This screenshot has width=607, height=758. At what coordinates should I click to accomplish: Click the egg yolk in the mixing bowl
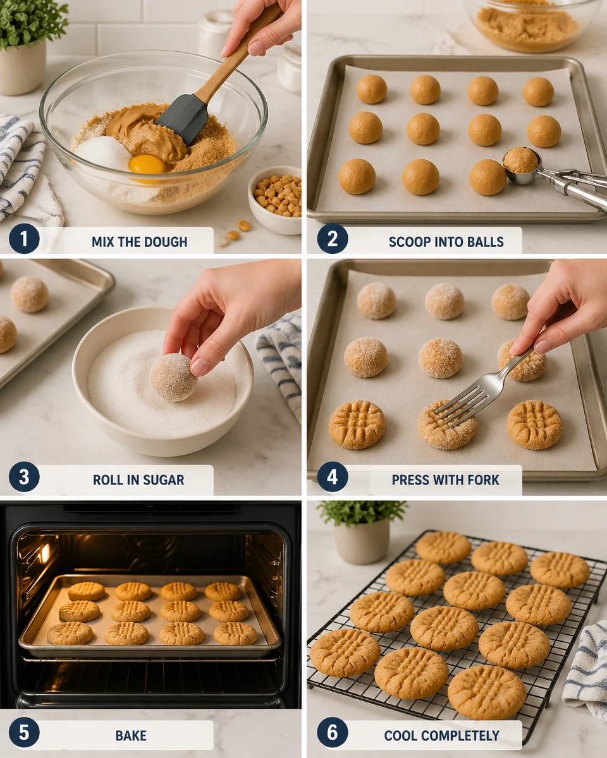click(x=147, y=164)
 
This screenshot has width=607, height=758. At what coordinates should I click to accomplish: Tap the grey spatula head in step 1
click(x=183, y=117)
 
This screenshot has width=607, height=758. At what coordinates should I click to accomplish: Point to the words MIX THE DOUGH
click(x=139, y=241)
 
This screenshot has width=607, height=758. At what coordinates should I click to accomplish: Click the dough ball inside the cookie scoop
click(x=520, y=160)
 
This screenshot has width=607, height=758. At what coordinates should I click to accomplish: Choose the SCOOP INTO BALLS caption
click(x=446, y=241)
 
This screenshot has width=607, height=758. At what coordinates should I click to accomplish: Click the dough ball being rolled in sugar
click(x=173, y=377)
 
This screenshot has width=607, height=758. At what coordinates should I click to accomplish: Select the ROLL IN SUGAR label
click(x=138, y=479)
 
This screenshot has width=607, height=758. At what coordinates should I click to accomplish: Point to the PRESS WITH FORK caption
click(x=445, y=479)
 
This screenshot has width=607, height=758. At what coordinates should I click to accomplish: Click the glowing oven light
click(x=44, y=554)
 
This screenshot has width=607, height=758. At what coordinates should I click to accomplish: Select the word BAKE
click(x=131, y=735)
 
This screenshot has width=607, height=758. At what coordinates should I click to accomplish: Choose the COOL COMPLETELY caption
click(x=441, y=735)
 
